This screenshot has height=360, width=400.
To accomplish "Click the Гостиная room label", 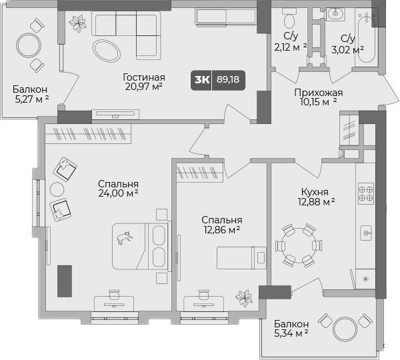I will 143,75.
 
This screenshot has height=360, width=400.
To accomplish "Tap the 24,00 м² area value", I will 117,194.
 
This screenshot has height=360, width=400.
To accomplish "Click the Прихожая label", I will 318,93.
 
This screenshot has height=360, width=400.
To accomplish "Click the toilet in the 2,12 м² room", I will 289,16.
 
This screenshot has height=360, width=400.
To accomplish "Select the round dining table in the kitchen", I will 298,245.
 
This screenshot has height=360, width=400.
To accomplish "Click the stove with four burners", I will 365,193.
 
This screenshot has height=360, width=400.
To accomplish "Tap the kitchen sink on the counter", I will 366,233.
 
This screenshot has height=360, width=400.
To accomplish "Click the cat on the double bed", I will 125,237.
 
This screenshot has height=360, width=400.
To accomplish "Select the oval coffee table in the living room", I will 107,50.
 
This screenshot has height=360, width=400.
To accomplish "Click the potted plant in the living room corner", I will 78,23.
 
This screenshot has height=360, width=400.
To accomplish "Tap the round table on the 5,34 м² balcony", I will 346,327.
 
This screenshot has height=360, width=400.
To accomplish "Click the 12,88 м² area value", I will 315,201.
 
